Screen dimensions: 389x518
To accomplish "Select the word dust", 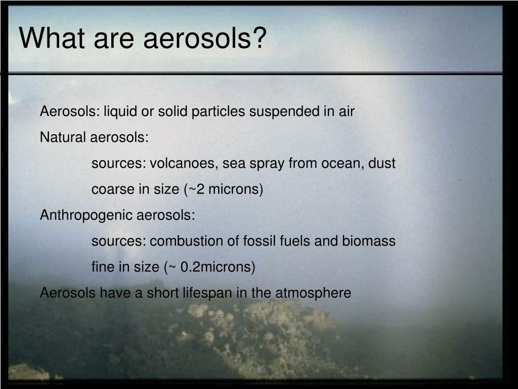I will [x=382, y=164].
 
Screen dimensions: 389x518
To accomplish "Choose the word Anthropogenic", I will [x=86, y=215].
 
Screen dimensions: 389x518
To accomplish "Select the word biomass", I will [x=369, y=241].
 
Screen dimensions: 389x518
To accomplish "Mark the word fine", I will [x=103, y=267].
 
